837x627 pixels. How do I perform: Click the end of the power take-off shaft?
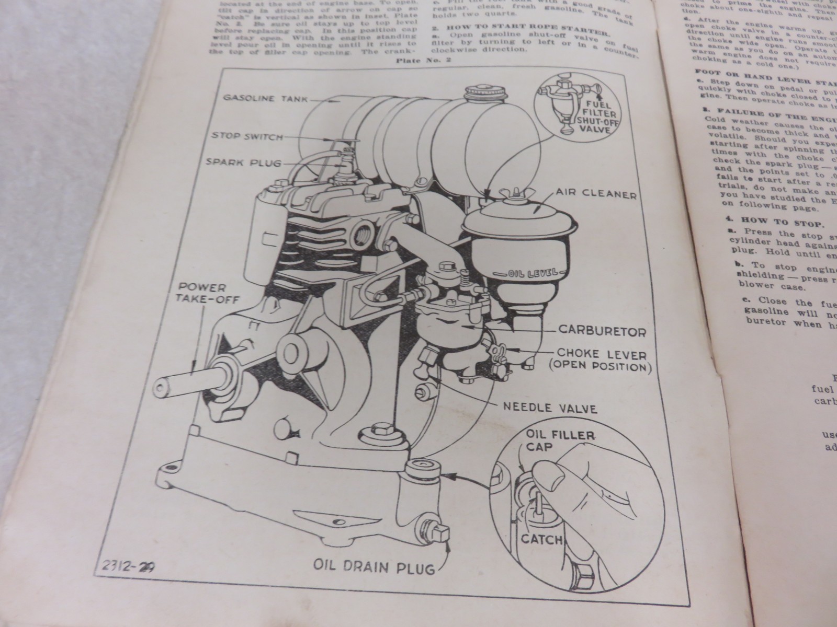coord(160,388)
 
